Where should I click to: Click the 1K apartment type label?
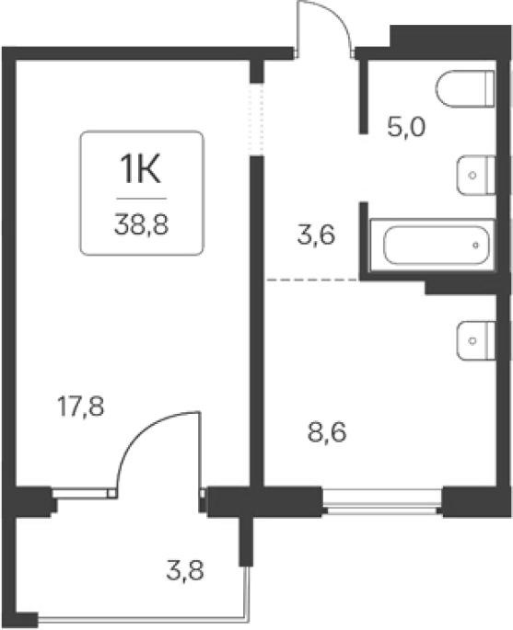coord(141,169)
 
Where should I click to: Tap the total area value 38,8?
coord(141,224)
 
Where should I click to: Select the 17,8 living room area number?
coord(81,407)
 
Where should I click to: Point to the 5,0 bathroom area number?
coord(406,127)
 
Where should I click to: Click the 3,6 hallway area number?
coord(316,235)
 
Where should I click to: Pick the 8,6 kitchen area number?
coord(327,433)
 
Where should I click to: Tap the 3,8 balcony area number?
coord(185,570)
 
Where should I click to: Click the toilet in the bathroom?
coord(465,89)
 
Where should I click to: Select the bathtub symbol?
coord(433,245)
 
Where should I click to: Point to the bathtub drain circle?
coord(475,245)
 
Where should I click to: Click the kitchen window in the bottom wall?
coord(382,502)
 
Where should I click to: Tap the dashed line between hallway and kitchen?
coord(312,279)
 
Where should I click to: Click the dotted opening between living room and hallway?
coord(256,120)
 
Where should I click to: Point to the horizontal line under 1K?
coord(142,199)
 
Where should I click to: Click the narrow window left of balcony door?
coord(84,493)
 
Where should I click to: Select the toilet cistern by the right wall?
coord(490,89)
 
